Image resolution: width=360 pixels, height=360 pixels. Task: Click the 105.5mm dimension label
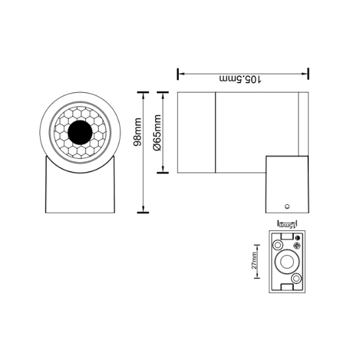point(240,79)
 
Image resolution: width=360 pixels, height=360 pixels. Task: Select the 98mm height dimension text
point(137,132)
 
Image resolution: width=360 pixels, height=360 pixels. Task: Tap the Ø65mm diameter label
point(157,133)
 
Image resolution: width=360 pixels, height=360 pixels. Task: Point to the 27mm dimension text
point(254,261)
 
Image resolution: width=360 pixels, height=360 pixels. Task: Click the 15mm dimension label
point(287,226)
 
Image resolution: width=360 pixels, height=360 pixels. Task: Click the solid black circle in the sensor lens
point(80,132)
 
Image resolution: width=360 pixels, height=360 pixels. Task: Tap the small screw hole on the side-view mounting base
point(287,207)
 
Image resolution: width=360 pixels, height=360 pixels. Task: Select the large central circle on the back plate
point(287,262)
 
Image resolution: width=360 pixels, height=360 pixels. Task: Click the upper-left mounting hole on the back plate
point(278,245)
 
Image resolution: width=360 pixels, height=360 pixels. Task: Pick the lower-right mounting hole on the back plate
point(296,279)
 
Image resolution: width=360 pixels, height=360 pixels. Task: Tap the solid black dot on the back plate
point(298,238)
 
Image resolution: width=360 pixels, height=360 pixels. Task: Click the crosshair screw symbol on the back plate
point(297,245)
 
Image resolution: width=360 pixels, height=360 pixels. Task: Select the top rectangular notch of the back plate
point(287,236)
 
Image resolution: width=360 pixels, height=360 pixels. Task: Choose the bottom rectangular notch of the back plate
point(287,287)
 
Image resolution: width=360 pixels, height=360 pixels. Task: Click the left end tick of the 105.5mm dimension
point(177,74)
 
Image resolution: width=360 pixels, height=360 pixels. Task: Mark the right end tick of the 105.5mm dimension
point(308,74)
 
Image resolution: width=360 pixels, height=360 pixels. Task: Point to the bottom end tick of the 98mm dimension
point(143,213)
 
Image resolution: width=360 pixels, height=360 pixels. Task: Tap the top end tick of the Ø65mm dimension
point(163,92)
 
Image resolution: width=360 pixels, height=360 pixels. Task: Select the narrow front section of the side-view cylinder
point(196,132)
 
